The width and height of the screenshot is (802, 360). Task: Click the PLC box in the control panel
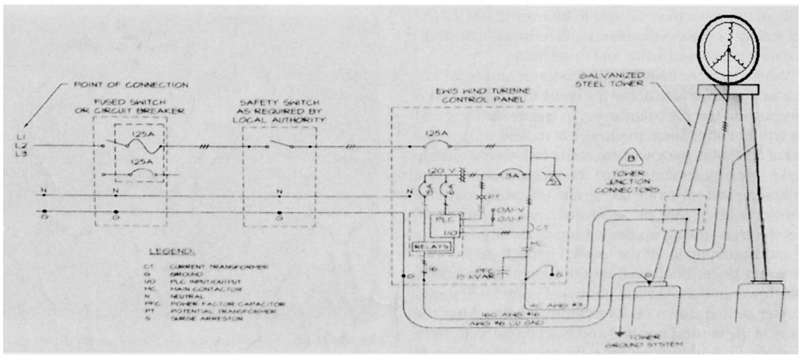(x=445, y=225)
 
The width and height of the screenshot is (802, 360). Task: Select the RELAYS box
(x=431, y=247)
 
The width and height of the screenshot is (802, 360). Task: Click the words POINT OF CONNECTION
(x=131, y=85)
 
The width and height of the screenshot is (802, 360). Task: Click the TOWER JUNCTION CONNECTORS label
(x=627, y=182)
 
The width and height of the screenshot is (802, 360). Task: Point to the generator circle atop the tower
(x=728, y=50)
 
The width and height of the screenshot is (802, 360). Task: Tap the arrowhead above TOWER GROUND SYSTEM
(x=619, y=333)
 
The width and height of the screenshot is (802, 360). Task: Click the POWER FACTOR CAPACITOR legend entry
(x=227, y=304)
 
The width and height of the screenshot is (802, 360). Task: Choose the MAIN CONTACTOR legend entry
(x=206, y=289)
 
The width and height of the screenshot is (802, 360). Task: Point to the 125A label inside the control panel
(x=436, y=134)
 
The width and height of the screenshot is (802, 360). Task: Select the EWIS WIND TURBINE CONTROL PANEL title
(x=483, y=95)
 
